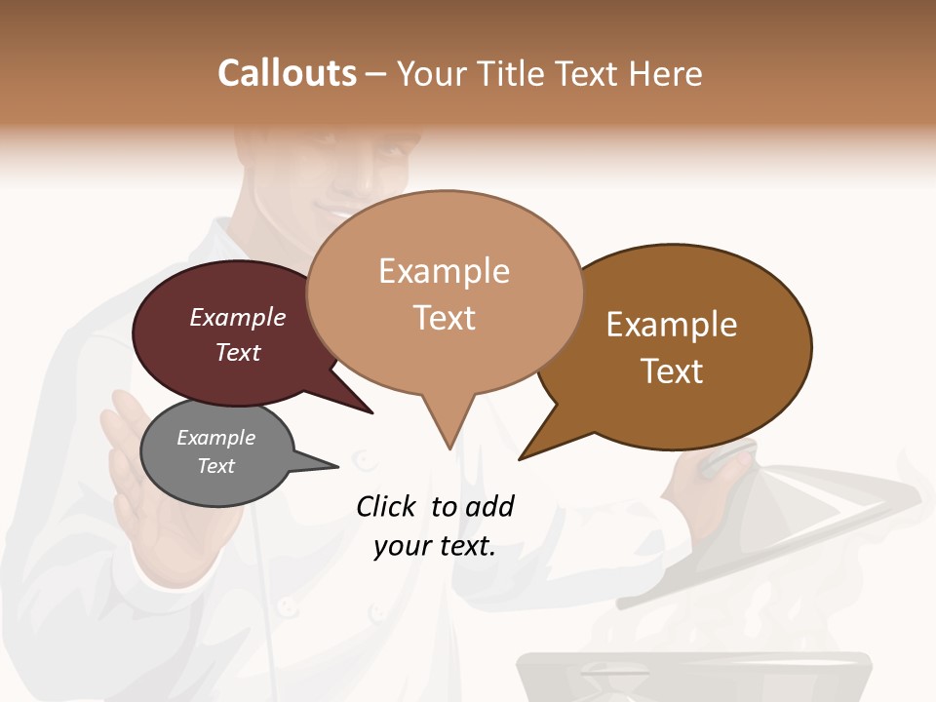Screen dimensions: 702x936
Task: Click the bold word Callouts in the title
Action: coord(287,73)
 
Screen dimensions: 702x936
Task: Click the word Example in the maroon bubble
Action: coord(238,318)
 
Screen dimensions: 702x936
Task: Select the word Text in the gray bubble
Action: coord(216,466)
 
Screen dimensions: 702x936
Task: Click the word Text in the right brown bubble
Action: coord(672,371)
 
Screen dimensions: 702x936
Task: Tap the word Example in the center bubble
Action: coord(445,271)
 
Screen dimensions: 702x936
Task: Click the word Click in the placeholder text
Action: coord(386,506)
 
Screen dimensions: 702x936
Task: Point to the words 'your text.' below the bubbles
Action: coord(435,546)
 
